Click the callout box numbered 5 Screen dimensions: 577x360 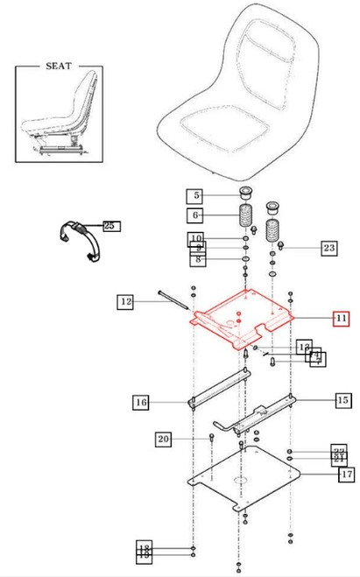196,195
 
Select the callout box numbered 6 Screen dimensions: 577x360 196,215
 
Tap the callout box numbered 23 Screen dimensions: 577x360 328,249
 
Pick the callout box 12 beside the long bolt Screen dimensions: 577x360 127,302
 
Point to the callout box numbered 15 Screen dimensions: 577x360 342,400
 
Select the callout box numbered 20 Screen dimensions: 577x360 164,439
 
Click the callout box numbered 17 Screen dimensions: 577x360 346,475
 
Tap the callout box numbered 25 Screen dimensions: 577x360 109,226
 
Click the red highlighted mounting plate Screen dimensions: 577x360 241,324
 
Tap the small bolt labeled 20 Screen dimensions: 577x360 211,436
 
